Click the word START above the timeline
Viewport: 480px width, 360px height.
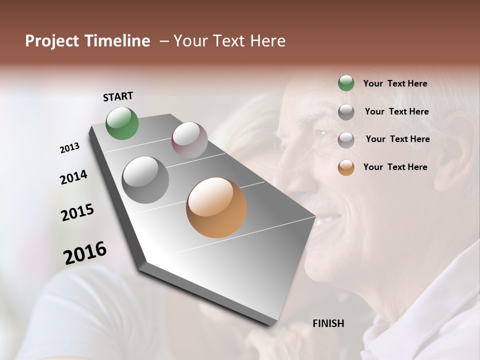click(x=118, y=96)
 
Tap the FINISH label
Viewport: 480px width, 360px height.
click(x=328, y=323)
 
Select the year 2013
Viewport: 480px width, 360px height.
click(x=69, y=148)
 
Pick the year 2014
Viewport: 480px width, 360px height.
click(x=73, y=177)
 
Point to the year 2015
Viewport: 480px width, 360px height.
click(x=77, y=212)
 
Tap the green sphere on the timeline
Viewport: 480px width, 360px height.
click(x=122, y=123)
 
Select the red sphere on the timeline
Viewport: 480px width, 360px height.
click(x=189, y=140)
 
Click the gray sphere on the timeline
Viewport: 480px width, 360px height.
click(x=145, y=180)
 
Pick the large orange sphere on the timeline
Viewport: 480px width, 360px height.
click(x=216, y=207)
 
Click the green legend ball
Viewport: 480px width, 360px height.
click(x=346, y=83)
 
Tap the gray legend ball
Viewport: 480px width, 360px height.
click(x=346, y=112)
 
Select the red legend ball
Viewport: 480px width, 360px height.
click(x=346, y=139)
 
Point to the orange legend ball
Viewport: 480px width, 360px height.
click(x=346, y=167)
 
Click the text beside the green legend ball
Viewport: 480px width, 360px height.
click(x=395, y=83)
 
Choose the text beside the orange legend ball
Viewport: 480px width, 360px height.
click(x=395, y=167)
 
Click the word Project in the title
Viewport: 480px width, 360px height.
click(x=51, y=41)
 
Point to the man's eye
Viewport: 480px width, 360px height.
click(x=321, y=135)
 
